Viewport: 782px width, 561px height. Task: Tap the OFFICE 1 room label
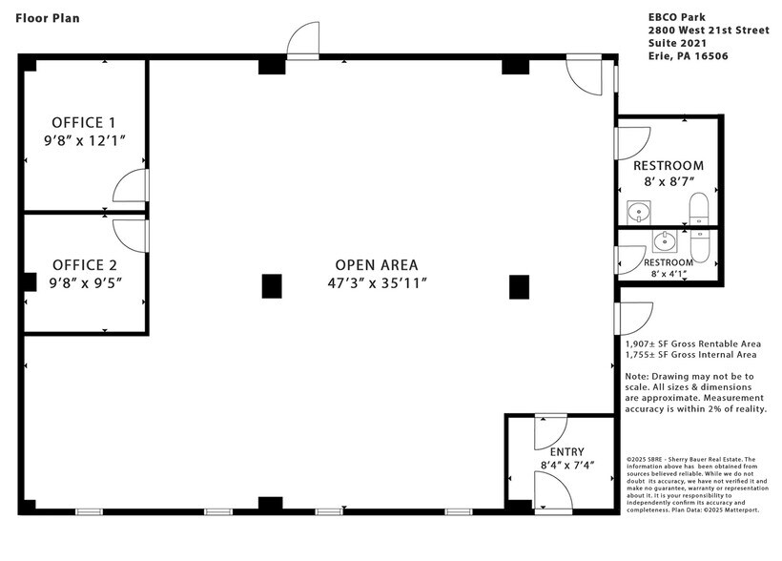tap(84, 122)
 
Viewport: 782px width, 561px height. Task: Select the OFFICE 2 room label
tap(85, 264)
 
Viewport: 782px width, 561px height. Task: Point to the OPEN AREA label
tap(376, 264)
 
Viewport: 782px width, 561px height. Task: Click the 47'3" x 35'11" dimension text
tap(376, 282)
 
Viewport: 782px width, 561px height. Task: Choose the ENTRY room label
tap(566, 451)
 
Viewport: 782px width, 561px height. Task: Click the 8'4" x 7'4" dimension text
tap(566, 466)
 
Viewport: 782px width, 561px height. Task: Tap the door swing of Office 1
tap(130, 187)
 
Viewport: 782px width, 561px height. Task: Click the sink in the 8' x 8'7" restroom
tap(636, 210)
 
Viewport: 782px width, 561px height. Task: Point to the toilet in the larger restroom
tap(699, 211)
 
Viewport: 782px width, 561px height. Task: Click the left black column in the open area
tap(272, 285)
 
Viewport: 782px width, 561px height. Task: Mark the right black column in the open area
tap(519, 285)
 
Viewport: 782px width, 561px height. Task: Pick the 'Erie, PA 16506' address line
tap(682, 56)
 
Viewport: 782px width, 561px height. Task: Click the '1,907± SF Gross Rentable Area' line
tap(692, 343)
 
